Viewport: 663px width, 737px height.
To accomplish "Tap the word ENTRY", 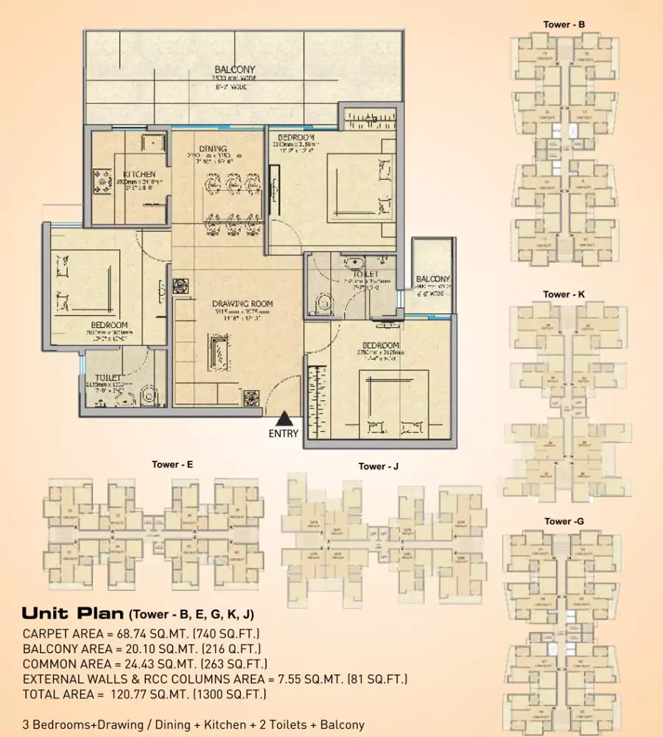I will coord(284,434).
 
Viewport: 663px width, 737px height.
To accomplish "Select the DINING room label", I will coord(212,149).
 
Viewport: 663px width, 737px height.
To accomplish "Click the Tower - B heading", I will coord(564,25).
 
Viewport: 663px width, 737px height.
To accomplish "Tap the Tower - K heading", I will coord(564,295).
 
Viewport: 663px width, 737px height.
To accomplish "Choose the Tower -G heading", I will coord(564,522).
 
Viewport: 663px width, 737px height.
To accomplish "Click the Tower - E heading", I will coord(172,465).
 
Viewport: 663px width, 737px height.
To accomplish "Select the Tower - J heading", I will coord(379,467).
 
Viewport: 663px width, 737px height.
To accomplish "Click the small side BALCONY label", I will coord(432,279).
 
